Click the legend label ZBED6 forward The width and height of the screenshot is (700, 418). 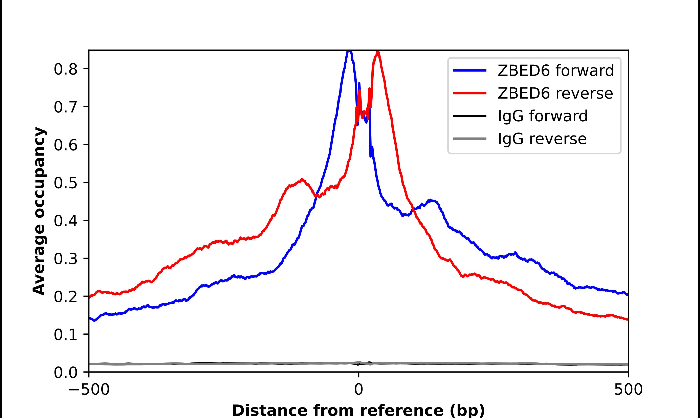pos(556,70)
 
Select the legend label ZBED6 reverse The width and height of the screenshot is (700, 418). pos(555,93)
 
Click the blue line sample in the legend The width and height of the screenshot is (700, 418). pos(469,70)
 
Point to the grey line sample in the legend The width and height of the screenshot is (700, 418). pos(469,139)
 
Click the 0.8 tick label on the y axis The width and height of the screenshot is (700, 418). pos(65,69)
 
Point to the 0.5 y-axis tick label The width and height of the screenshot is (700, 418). pos(65,183)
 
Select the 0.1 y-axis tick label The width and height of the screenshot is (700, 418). pos(65,335)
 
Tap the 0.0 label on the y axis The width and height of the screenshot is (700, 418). pos(65,372)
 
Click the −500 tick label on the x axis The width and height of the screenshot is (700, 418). pos(89,390)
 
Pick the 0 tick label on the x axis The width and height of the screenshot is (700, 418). pos(358,390)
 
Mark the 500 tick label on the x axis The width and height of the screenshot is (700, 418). pos(628,390)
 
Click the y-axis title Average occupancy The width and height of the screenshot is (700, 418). pos(39,211)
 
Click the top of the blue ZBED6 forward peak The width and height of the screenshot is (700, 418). pos(349,51)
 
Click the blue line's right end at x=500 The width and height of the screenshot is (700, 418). pos(627,294)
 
